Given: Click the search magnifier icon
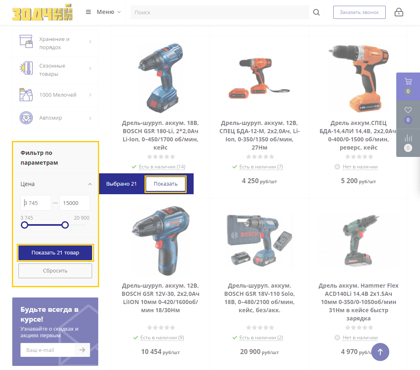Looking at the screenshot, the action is pos(316,12).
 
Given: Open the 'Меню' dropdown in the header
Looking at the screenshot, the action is pos(104,12).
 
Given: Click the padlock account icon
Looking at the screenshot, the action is pos(399,12).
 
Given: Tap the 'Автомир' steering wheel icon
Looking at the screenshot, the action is pos(26,118).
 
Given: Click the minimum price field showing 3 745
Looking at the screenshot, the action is pos(36,203).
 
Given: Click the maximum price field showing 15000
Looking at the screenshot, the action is pos(75,203).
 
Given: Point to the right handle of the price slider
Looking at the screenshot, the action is pos(65,225).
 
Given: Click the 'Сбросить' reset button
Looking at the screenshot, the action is pos(55,271).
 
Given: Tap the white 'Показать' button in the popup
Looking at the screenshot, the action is pos(165,184).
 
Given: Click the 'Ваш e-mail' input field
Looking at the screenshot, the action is pos(47,350).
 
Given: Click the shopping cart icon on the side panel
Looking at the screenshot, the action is pos(408,81).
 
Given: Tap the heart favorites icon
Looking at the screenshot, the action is pos(408,110).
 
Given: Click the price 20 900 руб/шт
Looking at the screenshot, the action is pos(259,352).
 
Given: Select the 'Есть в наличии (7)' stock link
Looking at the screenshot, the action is pos(261,167).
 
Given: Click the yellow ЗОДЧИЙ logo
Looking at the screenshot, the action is pos(42,12).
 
